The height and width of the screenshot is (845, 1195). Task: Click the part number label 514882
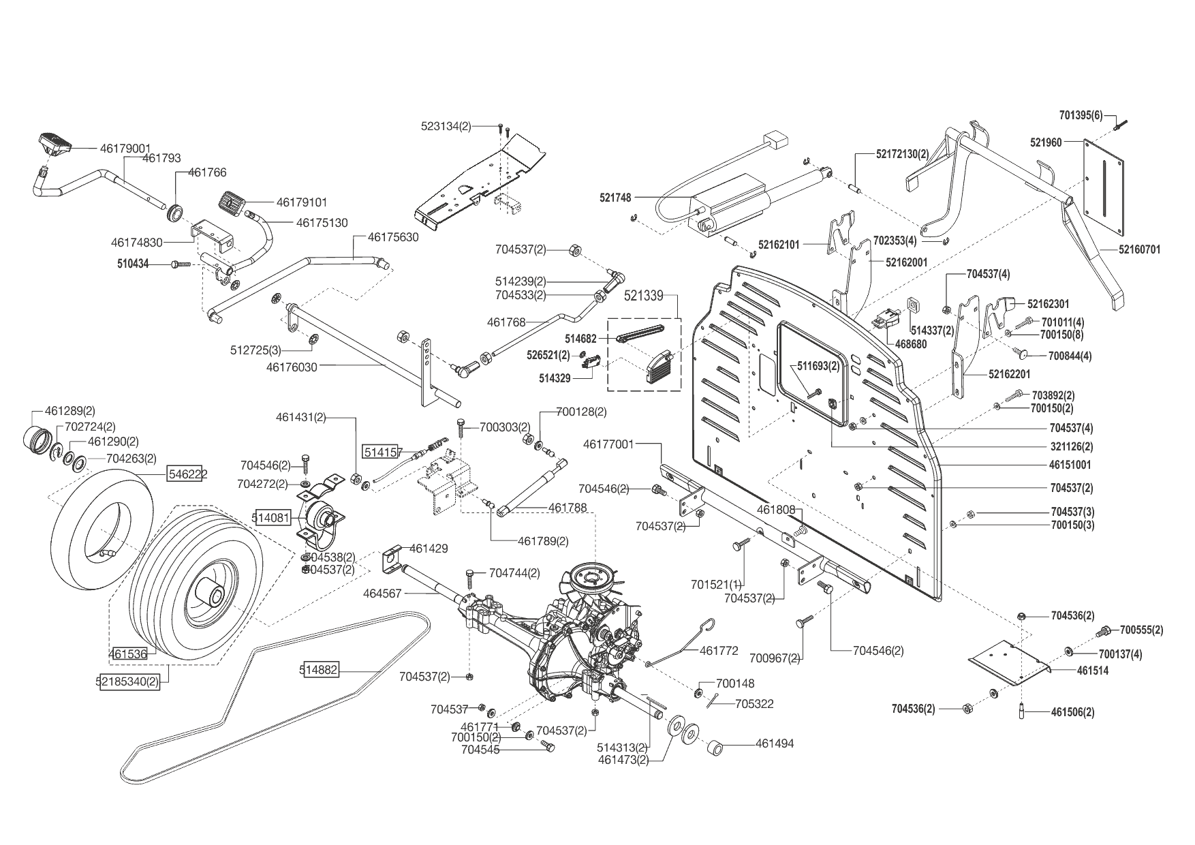coord(318,670)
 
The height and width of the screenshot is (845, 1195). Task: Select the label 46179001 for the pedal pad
coord(125,147)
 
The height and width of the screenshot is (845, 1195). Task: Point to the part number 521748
coord(615,198)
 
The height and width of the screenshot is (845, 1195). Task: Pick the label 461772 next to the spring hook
coord(719,651)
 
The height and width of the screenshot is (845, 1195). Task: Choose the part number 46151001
coord(1071,465)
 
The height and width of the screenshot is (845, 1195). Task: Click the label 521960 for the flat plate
coord(1046,142)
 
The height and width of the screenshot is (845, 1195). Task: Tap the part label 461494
coord(775,743)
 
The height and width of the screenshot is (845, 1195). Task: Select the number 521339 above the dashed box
coord(644,296)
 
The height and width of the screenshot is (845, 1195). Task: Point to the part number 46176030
coord(292,367)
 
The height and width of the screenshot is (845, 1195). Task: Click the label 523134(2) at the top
coord(446,126)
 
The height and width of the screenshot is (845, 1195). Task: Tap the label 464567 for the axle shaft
coord(383,594)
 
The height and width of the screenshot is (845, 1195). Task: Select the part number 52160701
coord(1139,249)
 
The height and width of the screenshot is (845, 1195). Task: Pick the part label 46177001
coord(608,444)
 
